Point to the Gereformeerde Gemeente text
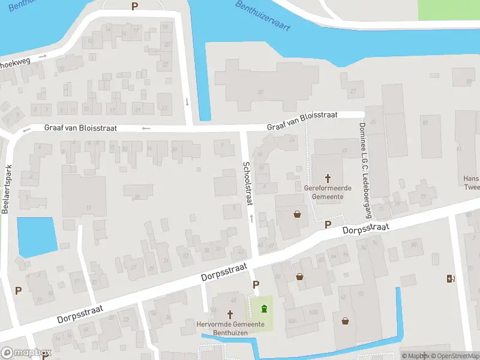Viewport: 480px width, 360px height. [x=328, y=192]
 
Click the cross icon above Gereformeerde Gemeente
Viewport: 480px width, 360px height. [x=328, y=178]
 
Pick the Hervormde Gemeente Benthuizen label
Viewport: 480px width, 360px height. [x=230, y=328]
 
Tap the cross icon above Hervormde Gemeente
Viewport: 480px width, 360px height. [x=230, y=314]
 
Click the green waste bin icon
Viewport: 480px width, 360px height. [x=264, y=309]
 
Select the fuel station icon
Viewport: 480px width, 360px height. [x=451, y=278]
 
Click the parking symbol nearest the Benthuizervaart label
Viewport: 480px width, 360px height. [x=134, y=6]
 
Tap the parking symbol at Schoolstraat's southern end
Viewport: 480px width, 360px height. [x=256, y=285]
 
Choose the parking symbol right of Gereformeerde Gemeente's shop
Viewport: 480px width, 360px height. [x=328, y=224]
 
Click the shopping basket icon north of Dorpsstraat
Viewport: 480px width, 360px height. [x=297, y=214]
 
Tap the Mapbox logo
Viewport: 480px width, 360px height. [x=26, y=353]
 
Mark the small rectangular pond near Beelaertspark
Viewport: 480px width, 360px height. [x=37, y=236]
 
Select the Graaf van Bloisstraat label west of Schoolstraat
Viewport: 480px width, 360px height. [x=80, y=128]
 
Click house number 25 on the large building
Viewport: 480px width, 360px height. [x=260, y=92]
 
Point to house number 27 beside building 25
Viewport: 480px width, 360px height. [x=353, y=92]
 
